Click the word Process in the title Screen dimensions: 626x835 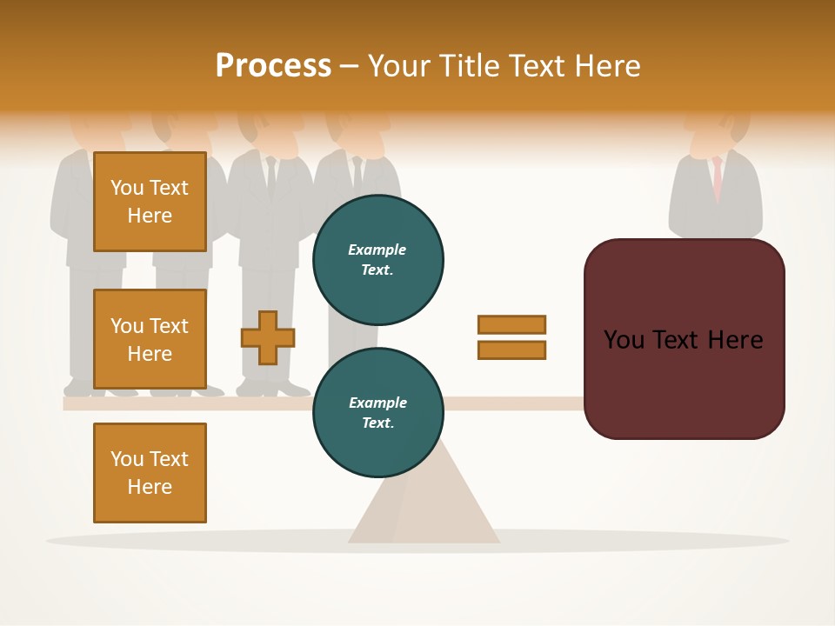273,66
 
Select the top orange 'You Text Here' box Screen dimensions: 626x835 150,202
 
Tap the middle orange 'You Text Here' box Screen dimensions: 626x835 150,339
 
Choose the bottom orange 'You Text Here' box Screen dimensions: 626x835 150,472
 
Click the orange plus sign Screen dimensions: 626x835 267,337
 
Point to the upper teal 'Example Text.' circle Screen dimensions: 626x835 377,259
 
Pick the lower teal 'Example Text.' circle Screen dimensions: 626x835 377,413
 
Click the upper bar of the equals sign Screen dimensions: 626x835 511,324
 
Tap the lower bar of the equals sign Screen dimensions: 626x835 511,350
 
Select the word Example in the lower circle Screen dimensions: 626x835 377,403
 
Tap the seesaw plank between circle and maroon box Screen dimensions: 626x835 513,403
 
